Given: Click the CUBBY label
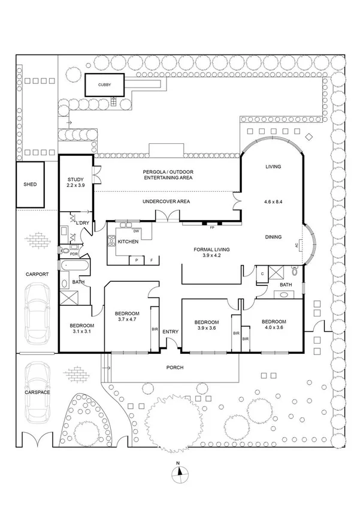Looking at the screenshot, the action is point(104,85).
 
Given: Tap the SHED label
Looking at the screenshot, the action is point(30,185).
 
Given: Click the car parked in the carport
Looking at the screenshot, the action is point(38,314).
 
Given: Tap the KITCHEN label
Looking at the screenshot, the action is point(128,242).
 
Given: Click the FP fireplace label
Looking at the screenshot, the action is point(212,228).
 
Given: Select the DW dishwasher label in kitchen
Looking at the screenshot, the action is point(136,231).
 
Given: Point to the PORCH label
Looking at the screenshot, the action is point(175,368).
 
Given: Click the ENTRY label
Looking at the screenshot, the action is point(170,332).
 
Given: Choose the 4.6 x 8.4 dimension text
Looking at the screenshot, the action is point(273,201).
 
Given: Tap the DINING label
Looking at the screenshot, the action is point(273,237).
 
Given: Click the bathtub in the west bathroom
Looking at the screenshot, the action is point(74,265).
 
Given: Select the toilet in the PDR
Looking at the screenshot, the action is point(65,251).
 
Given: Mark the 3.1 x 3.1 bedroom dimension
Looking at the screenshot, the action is point(81,332).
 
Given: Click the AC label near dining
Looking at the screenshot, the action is point(297,246).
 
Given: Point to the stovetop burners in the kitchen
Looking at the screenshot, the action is point(111,240).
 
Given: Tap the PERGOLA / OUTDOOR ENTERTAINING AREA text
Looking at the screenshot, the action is point(168,174).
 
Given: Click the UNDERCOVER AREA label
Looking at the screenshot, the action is point(166,201).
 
